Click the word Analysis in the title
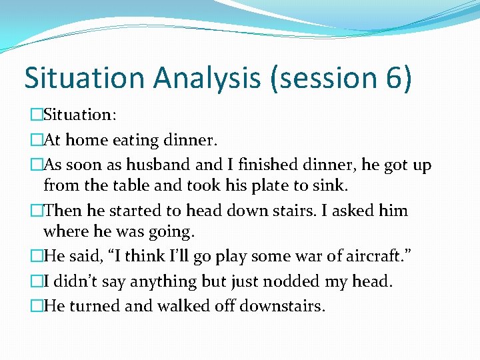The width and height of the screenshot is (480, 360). (207, 78)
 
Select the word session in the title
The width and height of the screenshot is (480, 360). (323, 78)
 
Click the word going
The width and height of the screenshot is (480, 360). (172, 232)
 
